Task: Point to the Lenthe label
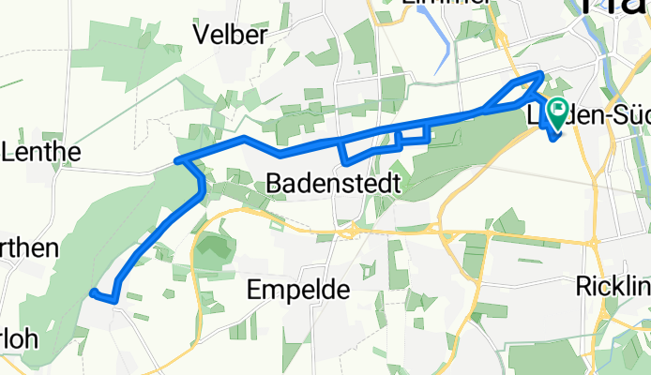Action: click(x=41, y=151)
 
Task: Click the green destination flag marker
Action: click(x=558, y=113)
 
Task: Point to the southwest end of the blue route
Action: click(x=92, y=294)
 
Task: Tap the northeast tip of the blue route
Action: click(x=541, y=73)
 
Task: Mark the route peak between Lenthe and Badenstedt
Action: click(x=244, y=138)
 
